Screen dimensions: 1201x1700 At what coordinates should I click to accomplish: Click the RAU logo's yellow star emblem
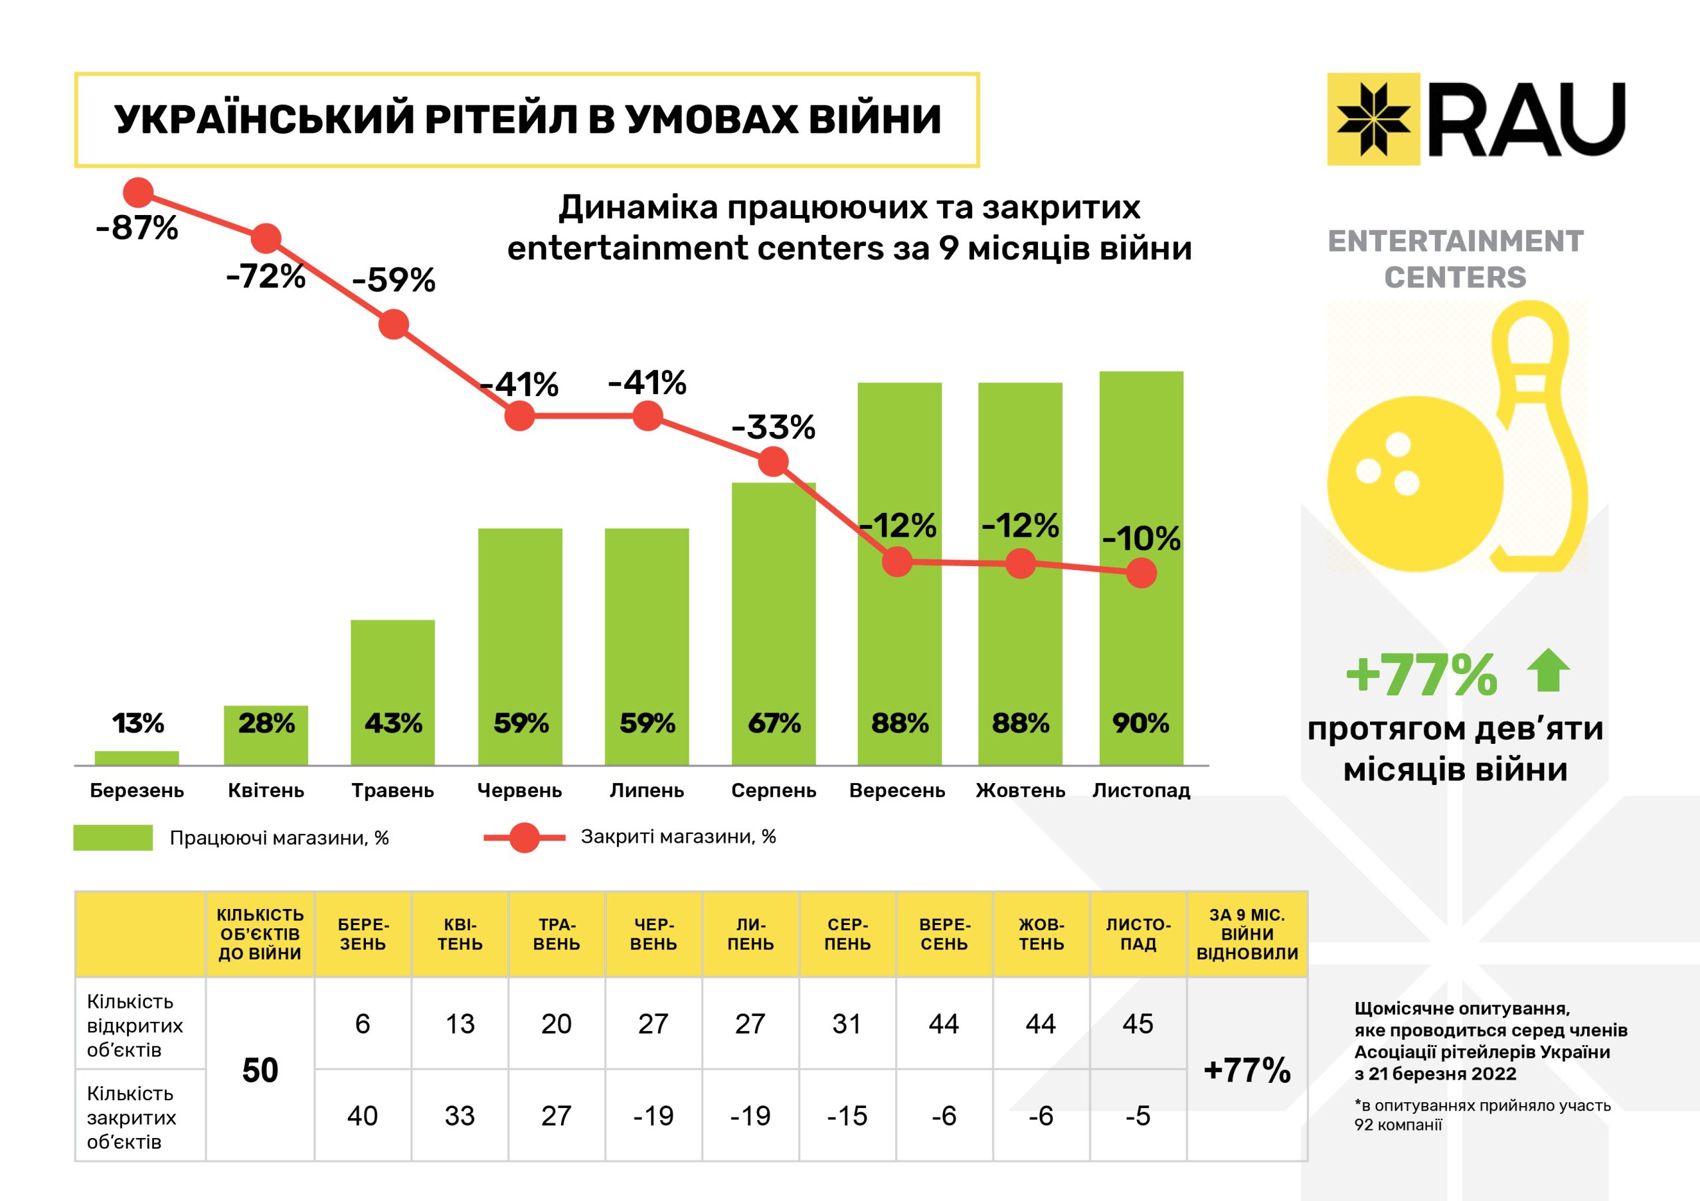[x=1373, y=118]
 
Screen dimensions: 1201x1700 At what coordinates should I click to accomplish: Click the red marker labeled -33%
[x=774, y=462]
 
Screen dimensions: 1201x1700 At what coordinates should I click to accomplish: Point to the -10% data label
[x=1141, y=539]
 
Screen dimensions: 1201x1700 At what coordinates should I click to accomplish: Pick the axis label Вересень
[x=896, y=790]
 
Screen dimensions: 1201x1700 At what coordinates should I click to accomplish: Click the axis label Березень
[x=137, y=790]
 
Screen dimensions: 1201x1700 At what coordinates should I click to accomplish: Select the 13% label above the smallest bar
[x=137, y=723]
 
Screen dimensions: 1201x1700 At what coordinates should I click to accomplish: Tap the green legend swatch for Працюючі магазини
[x=114, y=837]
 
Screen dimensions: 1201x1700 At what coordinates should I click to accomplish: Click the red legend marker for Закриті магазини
[x=525, y=837]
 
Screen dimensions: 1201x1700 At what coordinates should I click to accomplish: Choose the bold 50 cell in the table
[x=260, y=1070]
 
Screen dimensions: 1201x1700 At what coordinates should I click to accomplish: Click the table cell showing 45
[x=1138, y=1023]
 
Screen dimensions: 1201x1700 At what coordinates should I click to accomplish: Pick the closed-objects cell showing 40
[x=362, y=1115]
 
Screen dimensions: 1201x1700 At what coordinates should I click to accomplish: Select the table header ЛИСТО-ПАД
[x=1138, y=934]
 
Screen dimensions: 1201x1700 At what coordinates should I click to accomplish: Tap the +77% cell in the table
[x=1247, y=1070]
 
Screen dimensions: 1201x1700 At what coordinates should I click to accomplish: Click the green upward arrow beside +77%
[x=1548, y=670]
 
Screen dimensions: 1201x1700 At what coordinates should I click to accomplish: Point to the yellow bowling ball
[x=1410, y=484]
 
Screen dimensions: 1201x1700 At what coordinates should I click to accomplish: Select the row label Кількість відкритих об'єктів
[x=135, y=1025]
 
